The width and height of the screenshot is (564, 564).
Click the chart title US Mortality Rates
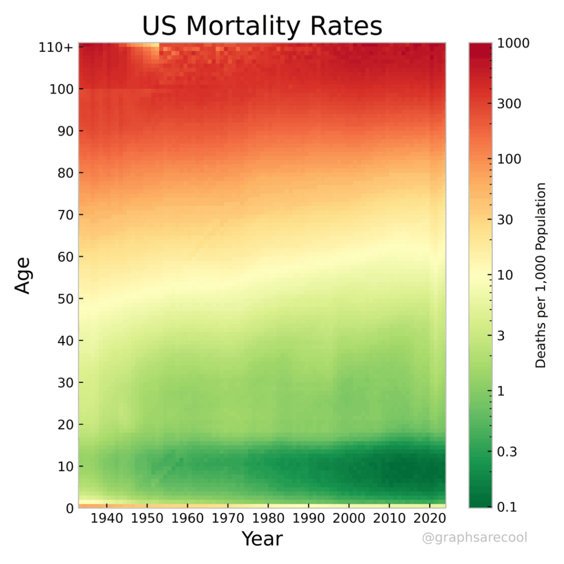pos(262,26)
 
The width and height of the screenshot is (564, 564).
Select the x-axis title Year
pos(262,539)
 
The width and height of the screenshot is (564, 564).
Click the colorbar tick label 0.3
pos(507,452)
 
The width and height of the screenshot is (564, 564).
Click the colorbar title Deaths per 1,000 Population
pos(541,275)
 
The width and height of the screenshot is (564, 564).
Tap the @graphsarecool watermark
pos(474,538)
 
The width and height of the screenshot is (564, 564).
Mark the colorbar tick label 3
pos(501,335)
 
